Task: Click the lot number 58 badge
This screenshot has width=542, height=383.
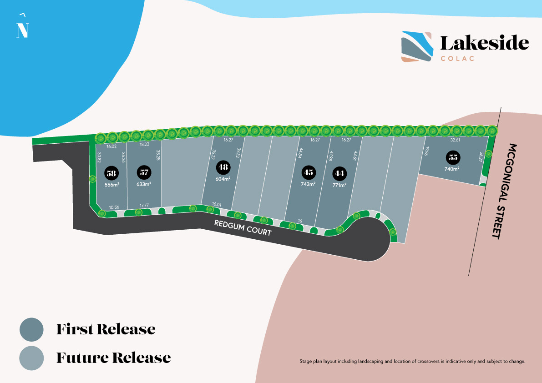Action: click(x=111, y=173)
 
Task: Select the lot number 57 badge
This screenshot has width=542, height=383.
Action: click(x=144, y=173)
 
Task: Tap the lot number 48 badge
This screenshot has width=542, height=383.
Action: click(x=223, y=167)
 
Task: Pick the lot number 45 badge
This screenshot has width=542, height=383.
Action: click(x=309, y=172)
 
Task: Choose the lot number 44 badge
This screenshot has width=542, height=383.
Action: click(x=339, y=173)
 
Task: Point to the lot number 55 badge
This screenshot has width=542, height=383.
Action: click(x=452, y=157)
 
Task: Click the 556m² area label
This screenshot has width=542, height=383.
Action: click(x=111, y=184)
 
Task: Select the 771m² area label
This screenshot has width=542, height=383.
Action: click(x=339, y=185)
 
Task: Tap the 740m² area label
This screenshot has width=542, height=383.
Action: click(x=452, y=169)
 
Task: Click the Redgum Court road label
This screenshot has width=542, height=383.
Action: click(x=243, y=227)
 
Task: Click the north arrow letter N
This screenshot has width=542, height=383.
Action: click(x=22, y=30)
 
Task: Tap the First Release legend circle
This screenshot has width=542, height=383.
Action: click(x=31, y=329)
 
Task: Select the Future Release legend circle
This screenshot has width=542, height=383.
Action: click(x=31, y=358)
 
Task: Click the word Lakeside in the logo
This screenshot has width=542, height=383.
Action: click(x=484, y=43)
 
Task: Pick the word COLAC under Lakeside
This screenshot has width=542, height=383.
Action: click(x=458, y=58)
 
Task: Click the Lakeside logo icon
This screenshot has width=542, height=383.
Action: click(x=417, y=46)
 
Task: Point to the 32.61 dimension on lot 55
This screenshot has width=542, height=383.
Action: click(x=455, y=141)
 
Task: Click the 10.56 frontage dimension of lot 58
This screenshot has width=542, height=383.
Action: click(x=114, y=207)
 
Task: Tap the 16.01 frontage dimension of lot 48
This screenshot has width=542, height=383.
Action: click(x=217, y=205)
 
